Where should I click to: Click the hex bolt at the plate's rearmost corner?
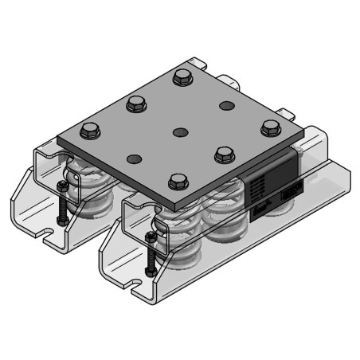click(x=183, y=77)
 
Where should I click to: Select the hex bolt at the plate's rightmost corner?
click(x=272, y=126)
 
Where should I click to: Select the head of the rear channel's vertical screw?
click(x=60, y=187)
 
